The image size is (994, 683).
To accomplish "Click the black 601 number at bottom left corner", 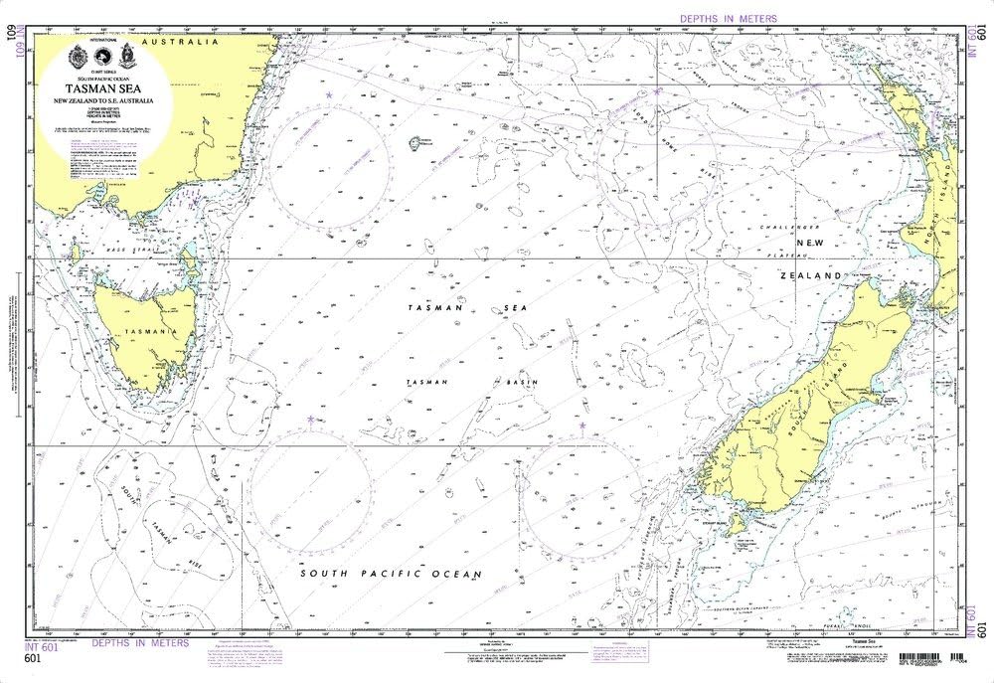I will pyautogui.click(x=32, y=658).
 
